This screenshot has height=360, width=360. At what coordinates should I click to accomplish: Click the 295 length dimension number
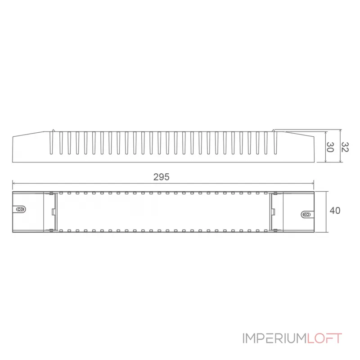coord(161,177)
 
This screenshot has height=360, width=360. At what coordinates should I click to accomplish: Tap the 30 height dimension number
coord(330,147)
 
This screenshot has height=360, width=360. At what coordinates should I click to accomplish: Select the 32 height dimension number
coord(345,147)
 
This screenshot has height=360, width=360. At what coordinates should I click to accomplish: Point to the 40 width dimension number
coord(334,211)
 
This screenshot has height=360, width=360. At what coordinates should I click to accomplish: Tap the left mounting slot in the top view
coord(21,209)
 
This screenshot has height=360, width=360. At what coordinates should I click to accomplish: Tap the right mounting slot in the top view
coord(306,215)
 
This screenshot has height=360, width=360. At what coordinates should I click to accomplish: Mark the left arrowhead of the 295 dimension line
coord(14,183)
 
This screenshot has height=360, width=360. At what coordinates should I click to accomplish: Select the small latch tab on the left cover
coord(54,211)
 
